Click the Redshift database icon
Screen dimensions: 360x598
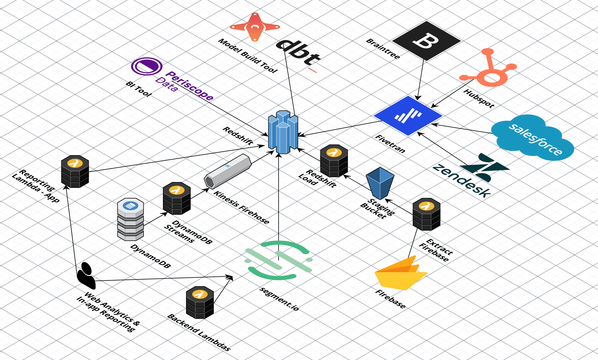[283, 132]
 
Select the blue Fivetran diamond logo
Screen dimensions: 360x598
[408, 116]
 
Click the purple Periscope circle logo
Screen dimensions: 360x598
[146, 66]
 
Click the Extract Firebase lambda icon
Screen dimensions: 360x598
[426, 214]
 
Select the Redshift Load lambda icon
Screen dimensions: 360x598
[334, 161]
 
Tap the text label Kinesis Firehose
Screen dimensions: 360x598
[242, 207]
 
